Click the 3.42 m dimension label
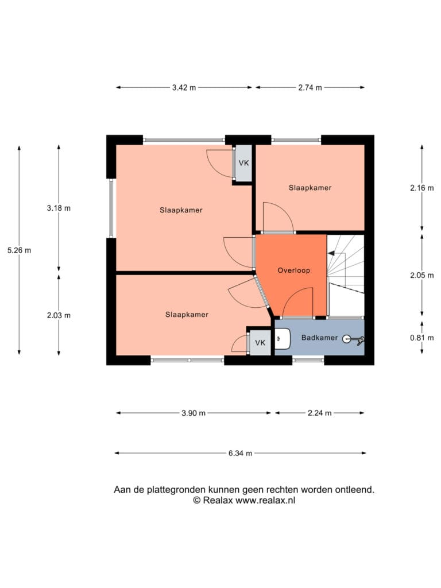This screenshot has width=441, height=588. pyautogui.click(x=184, y=88)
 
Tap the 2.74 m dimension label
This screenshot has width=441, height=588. pyautogui.click(x=310, y=88)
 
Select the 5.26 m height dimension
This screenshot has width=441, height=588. pyautogui.click(x=19, y=250)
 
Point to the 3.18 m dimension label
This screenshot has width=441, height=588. pyautogui.click(x=59, y=208)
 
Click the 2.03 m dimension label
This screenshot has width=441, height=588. pyautogui.click(x=59, y=315)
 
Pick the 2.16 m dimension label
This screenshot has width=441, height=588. pyautogui.click(x=422, y=188)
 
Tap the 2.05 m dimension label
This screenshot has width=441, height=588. pyautogui.click(x=422, y=275)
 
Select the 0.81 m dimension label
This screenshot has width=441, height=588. pyautogui.click(x=422, y=338)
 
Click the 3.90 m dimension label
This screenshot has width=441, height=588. pyautogui.click(x=194, y=413)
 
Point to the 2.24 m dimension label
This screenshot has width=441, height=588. pyautogui.click(x=319, y=413)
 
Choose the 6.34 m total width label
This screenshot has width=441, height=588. pyautogui.click(x=241, y=454)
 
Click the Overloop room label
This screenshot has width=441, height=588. pyautogui.click(x=293, y=270)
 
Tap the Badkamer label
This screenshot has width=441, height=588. pyautogui.click(x=319, y=338)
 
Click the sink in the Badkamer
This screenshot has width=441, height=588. pyautogui.click(x=283, y=339)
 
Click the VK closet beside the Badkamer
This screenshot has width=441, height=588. pyautogui.click(x=260, y=342)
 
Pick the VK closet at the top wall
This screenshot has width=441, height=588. pyautogui.click(x=243, y=163)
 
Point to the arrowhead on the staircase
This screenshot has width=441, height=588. pyautogui.click(x=331, y=253)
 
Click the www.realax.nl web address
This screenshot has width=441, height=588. pyautogui.click(x=265, y=500)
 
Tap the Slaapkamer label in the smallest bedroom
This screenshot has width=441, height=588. pyautogui.click(x=310, y=188)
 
